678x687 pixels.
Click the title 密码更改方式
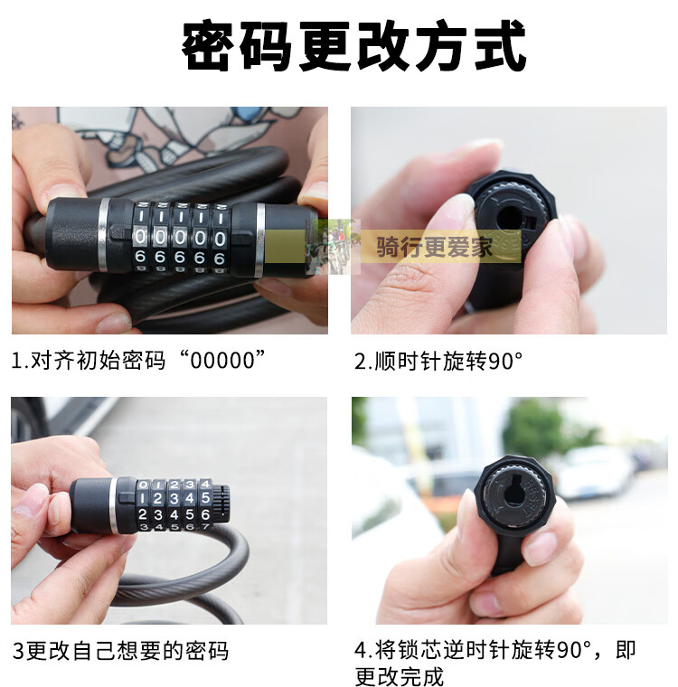(353, 45)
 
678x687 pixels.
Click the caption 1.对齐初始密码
(88, 361)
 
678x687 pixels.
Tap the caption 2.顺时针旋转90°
(438, 361)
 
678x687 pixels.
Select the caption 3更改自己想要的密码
(120, 651)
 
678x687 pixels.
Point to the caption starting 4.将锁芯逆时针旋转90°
(494, 663)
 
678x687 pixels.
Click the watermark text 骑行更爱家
(434, 247)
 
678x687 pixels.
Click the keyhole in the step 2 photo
(511, 218)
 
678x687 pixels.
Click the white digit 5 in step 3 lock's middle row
(205, 498)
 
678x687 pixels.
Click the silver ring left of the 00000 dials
(103, 234)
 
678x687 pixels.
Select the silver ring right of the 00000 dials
(260, 240)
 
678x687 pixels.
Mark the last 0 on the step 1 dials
(220, 240)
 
